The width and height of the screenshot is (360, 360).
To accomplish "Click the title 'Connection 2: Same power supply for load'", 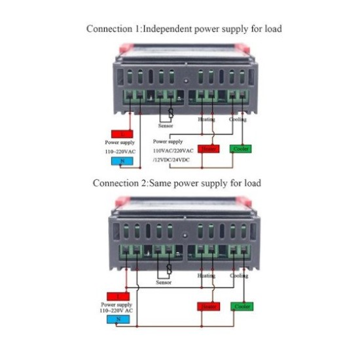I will [177, 183].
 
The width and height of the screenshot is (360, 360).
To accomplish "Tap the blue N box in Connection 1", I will [122, 160].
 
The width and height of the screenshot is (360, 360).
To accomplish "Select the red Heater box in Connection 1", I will [208, 149].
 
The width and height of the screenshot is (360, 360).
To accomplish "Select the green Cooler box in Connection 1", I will [241, 149].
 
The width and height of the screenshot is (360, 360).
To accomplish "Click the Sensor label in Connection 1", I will [166, 125].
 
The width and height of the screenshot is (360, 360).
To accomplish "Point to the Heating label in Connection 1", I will [206, 119].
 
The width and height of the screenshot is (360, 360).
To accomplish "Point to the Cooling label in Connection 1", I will [238, 119].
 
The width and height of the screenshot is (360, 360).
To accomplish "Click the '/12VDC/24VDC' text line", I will [172, 159].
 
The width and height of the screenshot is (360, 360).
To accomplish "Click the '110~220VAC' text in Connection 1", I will [122, 151].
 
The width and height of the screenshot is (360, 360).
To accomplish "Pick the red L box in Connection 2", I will [118, 296].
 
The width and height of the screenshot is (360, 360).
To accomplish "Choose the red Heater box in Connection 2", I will [208, 306].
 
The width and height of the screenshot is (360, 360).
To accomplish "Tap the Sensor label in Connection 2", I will [164, 282].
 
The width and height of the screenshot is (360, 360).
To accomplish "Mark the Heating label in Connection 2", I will [206, 276].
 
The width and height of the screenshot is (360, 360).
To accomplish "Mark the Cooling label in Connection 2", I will [238, 276].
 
